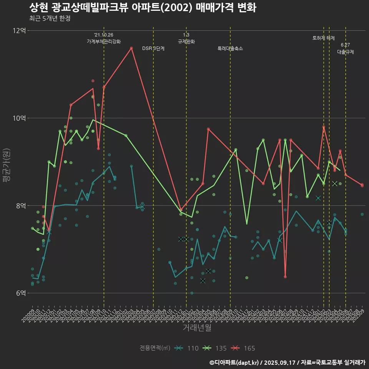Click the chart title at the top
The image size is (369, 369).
click(x=143, y=7)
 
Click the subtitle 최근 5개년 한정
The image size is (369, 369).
click(x=50, y=18)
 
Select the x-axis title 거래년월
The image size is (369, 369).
click(x=197, y=328)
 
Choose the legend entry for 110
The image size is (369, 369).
click(x=186, y=348)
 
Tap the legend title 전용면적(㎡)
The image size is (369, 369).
click(x=155, y=348)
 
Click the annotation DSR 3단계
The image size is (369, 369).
click(x=153, y=49)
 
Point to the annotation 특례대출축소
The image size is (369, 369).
click(x=230, y=49)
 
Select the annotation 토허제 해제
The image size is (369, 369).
click(x=324, y=38)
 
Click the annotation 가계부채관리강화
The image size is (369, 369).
click(x=104, y=42)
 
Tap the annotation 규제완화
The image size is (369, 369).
click(x=186, y=42)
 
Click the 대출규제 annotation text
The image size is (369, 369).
click(x=346, y=52)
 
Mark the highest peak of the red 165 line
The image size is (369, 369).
click(x=131, y=48)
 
